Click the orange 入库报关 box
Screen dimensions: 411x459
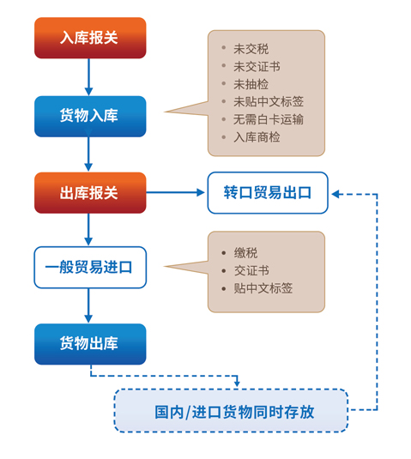pos(90,38)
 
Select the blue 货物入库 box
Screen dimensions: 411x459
pos(90,116)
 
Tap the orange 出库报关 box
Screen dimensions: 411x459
pos(90,193)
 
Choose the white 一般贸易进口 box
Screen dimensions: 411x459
pos(90,268)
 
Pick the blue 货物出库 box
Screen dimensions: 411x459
pos(90,344)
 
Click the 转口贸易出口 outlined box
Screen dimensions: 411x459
pos(268,193)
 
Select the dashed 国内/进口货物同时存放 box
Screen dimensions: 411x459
pos(231,410)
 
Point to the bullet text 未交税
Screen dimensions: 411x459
pos(251,49)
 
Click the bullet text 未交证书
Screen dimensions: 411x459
pos(257,66)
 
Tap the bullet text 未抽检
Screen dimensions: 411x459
pos(251,84)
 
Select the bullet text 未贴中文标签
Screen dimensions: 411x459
pos(269,101)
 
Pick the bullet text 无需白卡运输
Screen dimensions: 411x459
pos(269,119)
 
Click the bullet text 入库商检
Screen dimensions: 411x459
pos(257,137)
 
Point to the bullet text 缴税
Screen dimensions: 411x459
pos(245,253)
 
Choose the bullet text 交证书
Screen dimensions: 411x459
pos(251,270)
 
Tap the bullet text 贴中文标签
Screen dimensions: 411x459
pos(263,288)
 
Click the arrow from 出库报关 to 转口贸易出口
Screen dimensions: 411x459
pos(175,192)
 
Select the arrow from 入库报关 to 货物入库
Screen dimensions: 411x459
pos(88,77)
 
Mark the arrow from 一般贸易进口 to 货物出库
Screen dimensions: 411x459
pos(88,306)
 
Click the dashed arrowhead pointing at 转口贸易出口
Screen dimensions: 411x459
pos(335,194)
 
